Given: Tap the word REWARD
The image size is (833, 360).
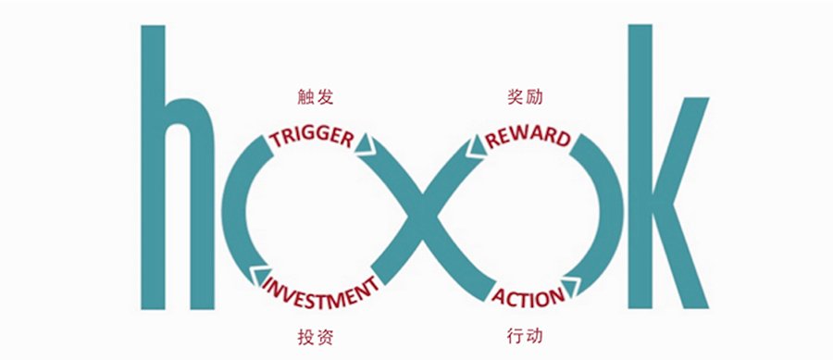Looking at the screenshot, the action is [528, 137].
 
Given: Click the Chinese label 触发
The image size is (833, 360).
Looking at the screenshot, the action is [316, 97].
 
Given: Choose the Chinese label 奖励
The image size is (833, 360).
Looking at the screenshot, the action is [526, 97].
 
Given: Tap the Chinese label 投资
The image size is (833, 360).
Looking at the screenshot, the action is [316, 337].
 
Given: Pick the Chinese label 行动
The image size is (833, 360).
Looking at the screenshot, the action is [526, 336].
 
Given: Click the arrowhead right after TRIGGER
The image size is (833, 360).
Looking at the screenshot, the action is [365, 145].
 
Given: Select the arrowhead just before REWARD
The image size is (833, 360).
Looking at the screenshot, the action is [476, 146].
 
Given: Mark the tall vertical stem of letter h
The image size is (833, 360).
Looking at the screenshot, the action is [153, 167].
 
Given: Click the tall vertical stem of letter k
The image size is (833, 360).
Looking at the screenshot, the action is [640, 167].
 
